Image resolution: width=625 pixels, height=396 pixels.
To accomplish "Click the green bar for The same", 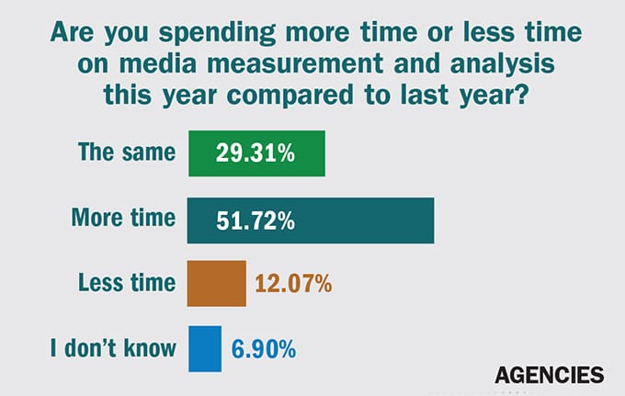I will pos(256,153).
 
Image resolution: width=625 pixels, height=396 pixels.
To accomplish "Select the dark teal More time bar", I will pos(310,221).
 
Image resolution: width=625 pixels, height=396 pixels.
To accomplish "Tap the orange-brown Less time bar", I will pos(217,283).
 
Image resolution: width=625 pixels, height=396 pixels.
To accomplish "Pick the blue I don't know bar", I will pos(204,348).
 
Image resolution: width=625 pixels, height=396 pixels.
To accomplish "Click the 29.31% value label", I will pos(255,153).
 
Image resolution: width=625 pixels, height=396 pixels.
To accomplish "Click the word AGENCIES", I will pos(549,374).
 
